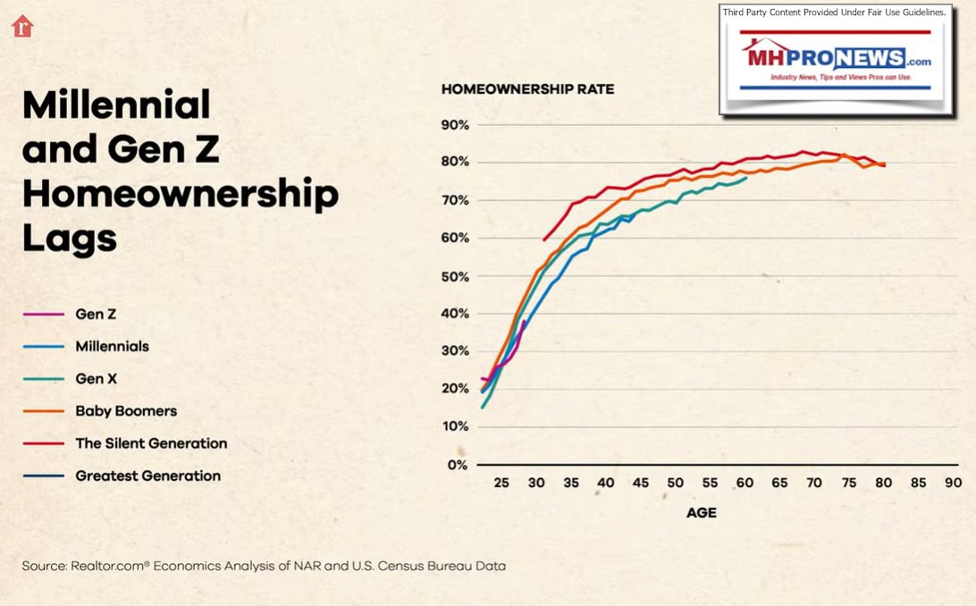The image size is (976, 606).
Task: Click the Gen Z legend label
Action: pos(96,315)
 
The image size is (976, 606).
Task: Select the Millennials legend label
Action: pos(112,347)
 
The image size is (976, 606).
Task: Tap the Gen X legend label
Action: pos(96,379)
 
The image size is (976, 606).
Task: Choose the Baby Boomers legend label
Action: pos(126,411)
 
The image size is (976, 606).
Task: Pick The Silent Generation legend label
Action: pos(151,443)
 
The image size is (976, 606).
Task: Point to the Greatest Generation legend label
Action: pos(147,476)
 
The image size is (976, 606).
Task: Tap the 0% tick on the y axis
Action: pos(458,465)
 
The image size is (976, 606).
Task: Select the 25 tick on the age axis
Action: pos(501,483)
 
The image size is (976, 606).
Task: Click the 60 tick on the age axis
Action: pos(744,483)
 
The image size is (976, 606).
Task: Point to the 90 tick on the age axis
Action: pos(953,483)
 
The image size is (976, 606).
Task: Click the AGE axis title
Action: pos(701,513)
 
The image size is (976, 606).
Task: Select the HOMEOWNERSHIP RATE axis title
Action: pos(527,89)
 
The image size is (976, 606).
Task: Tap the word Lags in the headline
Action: pos(69,239)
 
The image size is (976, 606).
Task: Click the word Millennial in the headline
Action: pos(116,105)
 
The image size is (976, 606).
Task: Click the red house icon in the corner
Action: pos(22,26)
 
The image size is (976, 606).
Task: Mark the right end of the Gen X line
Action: pos(746,177)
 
